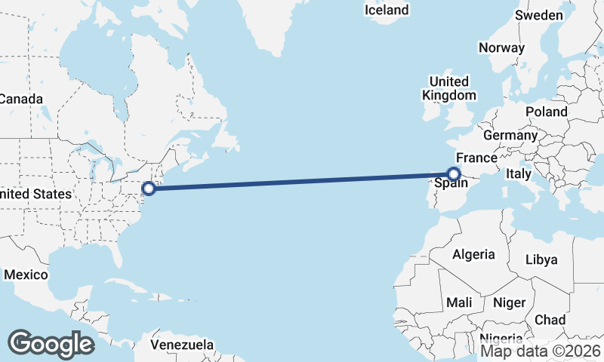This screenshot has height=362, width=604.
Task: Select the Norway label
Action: pos(501,48)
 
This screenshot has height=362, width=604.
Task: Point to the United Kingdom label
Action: pos(449,88)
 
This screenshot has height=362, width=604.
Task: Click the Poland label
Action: pos(547,112)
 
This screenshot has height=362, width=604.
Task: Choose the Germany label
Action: pos(510,136)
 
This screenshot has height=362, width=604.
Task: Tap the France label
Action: pos(476,158)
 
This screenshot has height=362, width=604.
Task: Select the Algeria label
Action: pos(473,254)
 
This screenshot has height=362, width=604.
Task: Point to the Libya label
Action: pos(541,259)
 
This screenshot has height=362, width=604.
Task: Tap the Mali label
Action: pos(459,302)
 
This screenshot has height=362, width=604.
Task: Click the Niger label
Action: pos(508,302)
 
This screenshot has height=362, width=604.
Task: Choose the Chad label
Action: pos(550,320)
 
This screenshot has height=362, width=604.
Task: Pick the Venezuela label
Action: pos(181,345)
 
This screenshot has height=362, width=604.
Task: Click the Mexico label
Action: pos(26,275)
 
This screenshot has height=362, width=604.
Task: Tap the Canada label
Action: pos(21,99)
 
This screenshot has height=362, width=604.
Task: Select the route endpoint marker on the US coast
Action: pos(149,189)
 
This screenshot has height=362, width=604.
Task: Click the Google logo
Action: pos(51,343)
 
